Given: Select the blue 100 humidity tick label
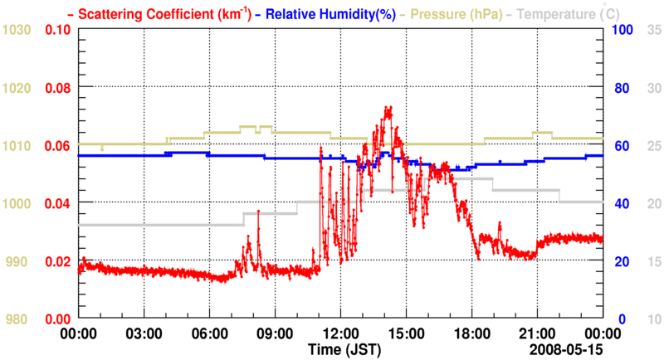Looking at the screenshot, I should (x=622, y=30).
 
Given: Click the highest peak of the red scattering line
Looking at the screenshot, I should (x=388, y=108).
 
